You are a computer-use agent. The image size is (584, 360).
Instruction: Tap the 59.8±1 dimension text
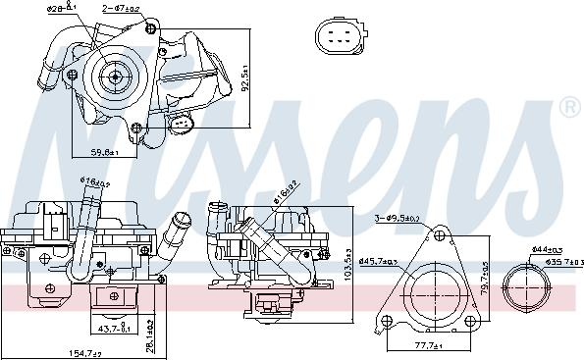tap(103, 153)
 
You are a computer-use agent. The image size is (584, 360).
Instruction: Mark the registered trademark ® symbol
tap(568, 106)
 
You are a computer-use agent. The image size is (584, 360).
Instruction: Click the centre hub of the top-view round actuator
tap(114, 76)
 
